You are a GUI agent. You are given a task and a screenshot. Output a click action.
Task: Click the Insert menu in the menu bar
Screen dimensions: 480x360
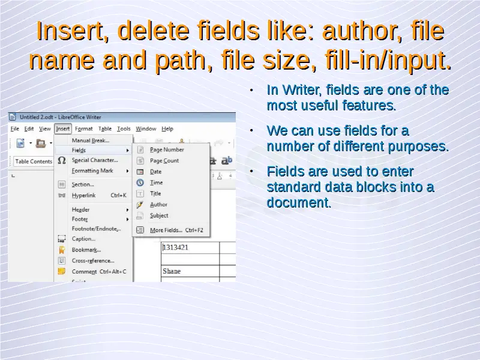(63, 129)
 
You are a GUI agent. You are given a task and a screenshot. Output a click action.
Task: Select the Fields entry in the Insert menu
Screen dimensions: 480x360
(79, 151)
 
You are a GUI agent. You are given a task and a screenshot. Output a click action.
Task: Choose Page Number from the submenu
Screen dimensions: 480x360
(167, 149)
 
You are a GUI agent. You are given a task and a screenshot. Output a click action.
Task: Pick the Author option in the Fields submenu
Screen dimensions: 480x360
(158, 205)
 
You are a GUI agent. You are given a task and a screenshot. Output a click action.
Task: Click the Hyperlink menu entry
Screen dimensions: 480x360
(83, 196)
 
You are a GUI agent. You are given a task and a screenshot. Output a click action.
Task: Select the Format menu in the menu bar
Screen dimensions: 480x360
(83, 129)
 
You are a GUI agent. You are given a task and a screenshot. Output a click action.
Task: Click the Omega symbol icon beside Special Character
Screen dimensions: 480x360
(62, 160)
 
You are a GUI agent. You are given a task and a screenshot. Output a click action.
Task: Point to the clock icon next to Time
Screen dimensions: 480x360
(140, 183)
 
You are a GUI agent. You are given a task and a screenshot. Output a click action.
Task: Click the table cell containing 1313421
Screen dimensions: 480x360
(190, 248)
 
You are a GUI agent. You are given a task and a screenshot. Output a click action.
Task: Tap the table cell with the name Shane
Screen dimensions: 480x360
(190, 271)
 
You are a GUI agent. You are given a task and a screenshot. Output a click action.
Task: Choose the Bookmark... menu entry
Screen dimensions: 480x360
(86, 250)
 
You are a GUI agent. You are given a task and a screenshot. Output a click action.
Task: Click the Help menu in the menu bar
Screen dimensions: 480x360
(167, 129)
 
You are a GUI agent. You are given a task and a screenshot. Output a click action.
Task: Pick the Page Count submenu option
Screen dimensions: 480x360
(164, 161)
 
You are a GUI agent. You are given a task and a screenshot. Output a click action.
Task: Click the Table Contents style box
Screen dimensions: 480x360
(34, 161)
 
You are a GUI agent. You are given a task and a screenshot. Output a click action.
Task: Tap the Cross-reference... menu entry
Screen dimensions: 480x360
(93, 261)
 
